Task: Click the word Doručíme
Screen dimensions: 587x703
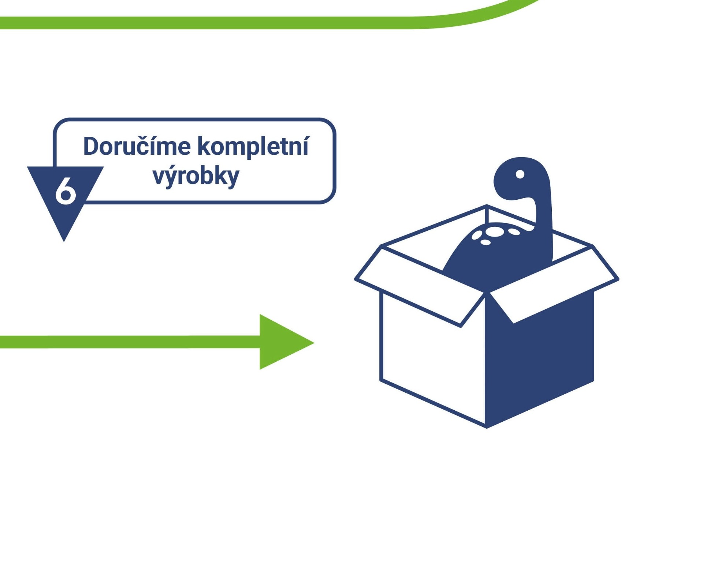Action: click(137, 146)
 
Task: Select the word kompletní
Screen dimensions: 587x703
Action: click(253, 146)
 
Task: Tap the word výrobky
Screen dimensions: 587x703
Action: click(196, 176)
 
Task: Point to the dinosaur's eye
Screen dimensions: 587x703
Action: click(520, 174)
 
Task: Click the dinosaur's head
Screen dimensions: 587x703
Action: click(516, 179)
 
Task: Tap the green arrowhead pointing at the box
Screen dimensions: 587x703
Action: click(282, 342)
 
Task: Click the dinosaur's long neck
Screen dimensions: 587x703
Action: click(544, 227)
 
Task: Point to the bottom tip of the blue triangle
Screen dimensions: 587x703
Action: click(64, 240)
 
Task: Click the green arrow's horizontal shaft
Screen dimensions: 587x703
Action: click(128, 342)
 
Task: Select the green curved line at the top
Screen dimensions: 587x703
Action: click(256, 23)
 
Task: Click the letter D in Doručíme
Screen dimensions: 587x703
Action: click(91, 146)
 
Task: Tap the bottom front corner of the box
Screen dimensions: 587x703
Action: click(486, 426)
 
